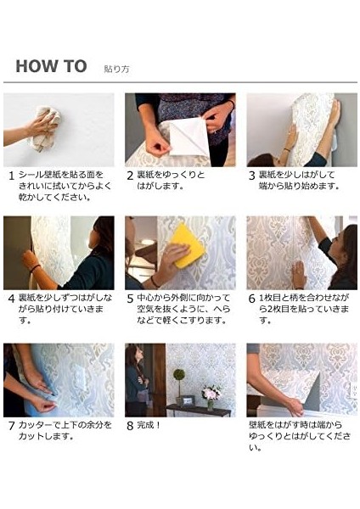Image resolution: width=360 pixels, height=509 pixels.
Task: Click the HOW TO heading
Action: pos(51,66)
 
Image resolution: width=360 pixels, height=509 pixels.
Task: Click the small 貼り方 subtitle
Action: pos(116,70)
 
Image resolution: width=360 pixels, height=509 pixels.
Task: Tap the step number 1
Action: pos(12,176)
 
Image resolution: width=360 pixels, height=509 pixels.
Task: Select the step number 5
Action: pos(130,299)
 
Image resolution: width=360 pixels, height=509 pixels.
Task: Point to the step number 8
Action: pos(130,426)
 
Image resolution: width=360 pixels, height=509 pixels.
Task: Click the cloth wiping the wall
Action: pos(46,129)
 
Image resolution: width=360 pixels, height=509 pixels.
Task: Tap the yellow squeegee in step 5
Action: pos(188,246)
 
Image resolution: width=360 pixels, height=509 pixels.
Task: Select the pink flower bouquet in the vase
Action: pos(211,393)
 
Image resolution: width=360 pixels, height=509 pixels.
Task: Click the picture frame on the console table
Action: pos(188,401)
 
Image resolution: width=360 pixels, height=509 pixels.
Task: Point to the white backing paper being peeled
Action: pos(188,137)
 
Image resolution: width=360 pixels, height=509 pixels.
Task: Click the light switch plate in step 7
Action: pos(81,376)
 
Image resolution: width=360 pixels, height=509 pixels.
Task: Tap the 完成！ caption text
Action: pos(149,425)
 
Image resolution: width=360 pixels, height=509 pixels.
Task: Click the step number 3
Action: pos(251,176)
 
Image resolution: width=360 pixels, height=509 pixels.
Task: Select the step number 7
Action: pos(12,426)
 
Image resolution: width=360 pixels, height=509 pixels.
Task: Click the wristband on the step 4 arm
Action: pos(35,268)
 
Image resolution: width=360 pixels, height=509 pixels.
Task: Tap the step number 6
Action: pos(251,299)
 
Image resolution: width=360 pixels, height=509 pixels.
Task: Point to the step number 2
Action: pos(130,176)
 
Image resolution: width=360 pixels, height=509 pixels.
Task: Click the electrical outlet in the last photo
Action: pos(353,390)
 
